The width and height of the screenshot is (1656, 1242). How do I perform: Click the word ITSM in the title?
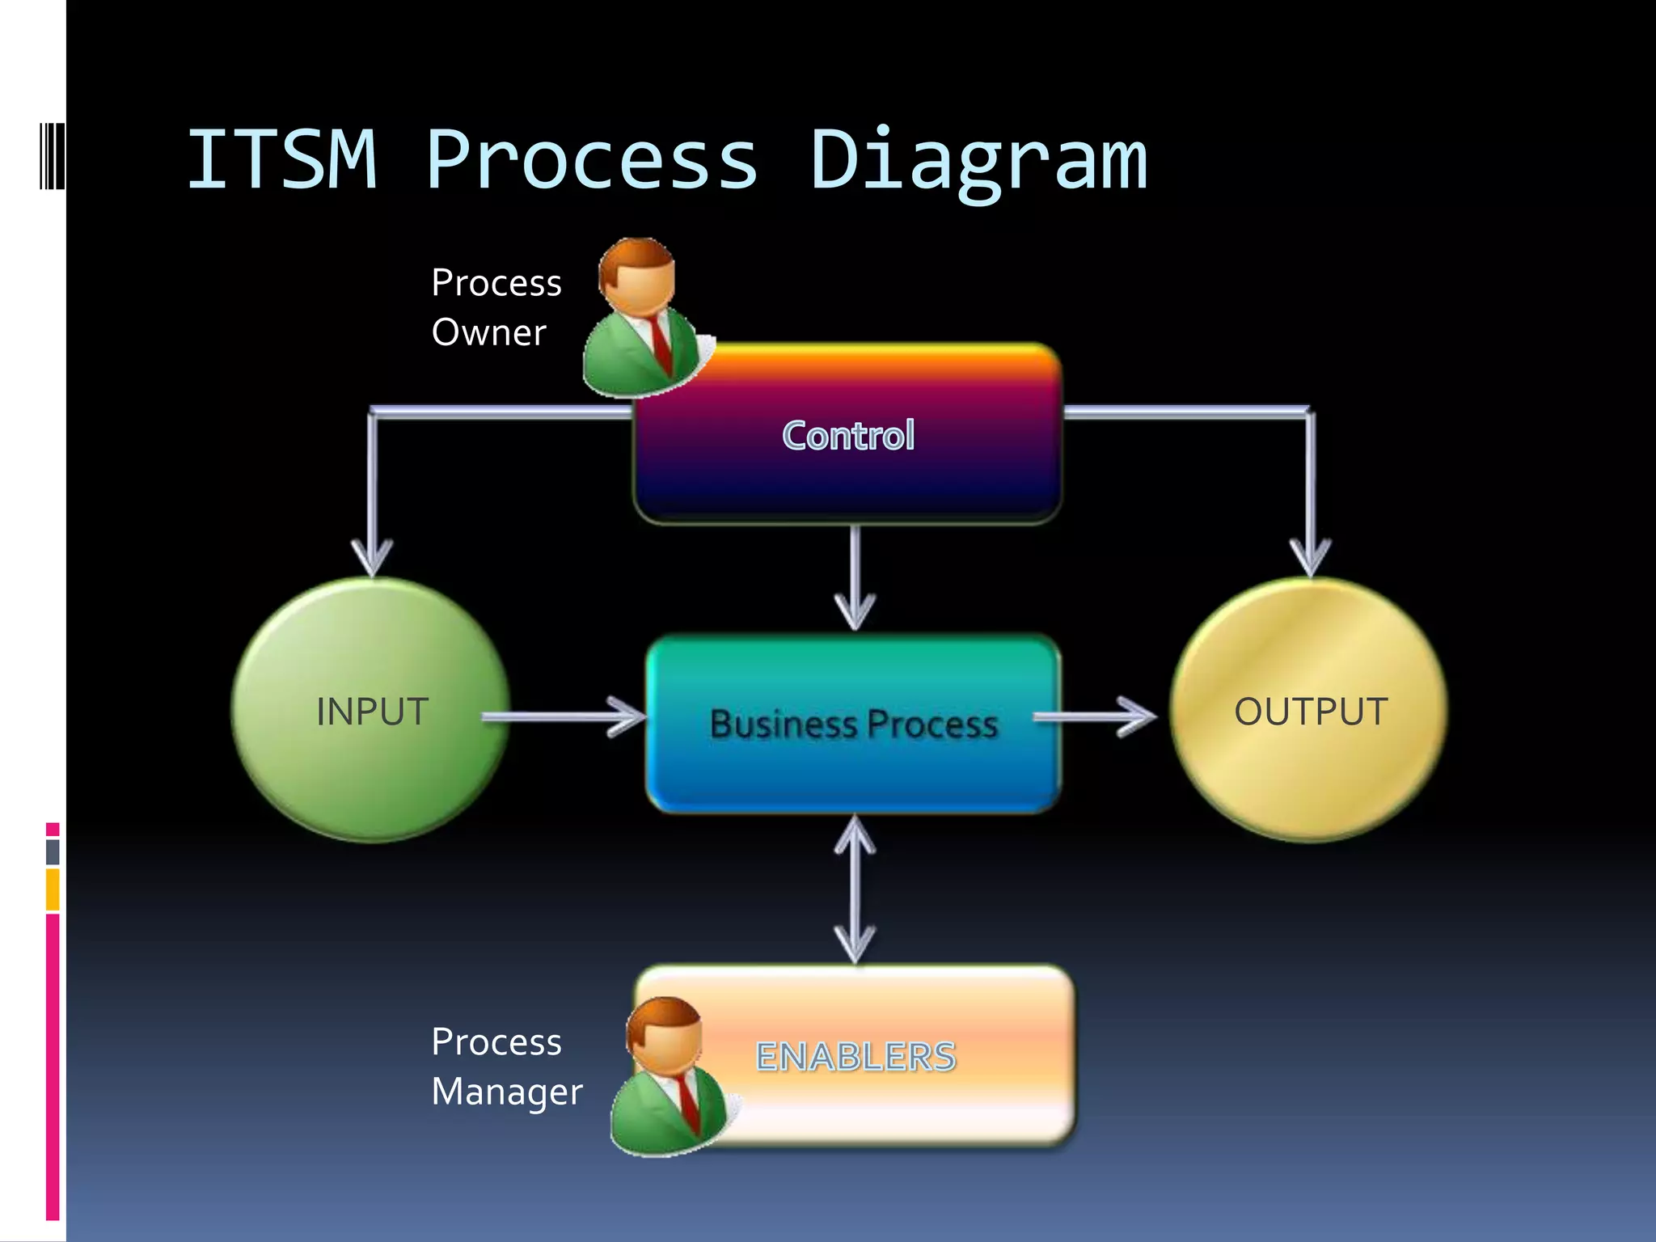pos(282,160)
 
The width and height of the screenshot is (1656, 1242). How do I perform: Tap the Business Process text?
pos(854,724)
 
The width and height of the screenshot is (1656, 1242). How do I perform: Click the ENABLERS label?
pos(855,1056)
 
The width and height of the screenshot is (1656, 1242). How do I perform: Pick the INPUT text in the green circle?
pos(372,712)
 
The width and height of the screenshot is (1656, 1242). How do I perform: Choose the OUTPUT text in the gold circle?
pos(1311,712)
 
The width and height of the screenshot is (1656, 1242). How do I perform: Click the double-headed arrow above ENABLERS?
pos(855,889)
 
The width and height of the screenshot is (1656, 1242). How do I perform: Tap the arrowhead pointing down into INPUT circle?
pos(372,558)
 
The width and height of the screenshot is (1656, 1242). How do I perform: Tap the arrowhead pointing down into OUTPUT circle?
pos(1310,558)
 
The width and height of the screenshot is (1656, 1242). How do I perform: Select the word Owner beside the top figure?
pos(489,332)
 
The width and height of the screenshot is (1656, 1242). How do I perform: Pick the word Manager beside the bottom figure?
pos(507,1092)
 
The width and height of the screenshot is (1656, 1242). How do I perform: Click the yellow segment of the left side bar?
pos(53,889)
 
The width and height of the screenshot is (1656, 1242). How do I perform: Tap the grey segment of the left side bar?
pos(53,851)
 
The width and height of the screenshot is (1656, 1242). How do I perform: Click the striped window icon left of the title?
pos(52,155)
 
